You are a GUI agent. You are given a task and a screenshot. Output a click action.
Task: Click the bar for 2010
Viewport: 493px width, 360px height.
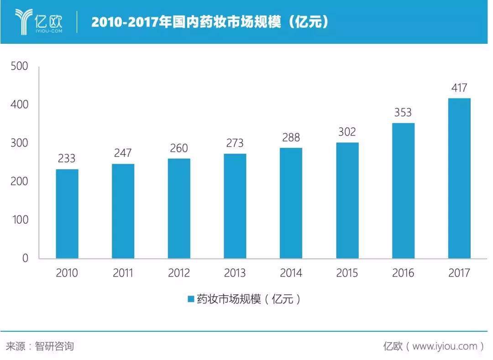point(67,214)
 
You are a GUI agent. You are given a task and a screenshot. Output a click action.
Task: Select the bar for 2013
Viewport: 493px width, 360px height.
point(235,206)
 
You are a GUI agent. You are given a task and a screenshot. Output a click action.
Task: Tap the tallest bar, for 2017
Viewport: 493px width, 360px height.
point(459,178)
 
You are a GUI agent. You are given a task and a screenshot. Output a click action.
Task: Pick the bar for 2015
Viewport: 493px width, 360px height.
point(347,200)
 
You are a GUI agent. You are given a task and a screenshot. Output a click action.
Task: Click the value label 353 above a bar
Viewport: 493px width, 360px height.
point(403,112)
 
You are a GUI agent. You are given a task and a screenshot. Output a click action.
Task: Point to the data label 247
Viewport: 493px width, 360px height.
point(123,153)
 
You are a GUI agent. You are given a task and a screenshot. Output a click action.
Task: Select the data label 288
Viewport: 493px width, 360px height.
point(291,137)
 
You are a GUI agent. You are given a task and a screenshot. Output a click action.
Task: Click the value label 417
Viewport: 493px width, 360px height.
point(459,88)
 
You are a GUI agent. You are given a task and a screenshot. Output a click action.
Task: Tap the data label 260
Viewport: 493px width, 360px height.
point(179,148)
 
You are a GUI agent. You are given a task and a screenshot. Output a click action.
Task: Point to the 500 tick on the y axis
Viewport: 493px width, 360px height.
point(19,67)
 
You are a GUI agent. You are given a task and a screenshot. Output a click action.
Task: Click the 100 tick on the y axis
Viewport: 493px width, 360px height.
point(19,220)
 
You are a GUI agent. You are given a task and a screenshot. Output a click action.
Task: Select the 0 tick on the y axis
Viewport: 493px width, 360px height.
point(25,258)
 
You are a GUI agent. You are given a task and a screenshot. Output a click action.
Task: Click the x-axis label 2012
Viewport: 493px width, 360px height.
point(179,273)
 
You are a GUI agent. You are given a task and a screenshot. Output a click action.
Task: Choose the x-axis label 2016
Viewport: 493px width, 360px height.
point(403,273)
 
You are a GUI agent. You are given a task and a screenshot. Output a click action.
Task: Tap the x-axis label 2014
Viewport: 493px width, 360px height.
point(291,273)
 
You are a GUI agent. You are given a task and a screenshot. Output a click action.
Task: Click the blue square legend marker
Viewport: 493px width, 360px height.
point(190,299)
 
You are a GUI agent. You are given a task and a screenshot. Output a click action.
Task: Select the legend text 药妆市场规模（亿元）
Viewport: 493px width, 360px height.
point(249,299)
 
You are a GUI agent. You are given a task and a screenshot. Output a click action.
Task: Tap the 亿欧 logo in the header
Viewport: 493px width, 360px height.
point(38,21)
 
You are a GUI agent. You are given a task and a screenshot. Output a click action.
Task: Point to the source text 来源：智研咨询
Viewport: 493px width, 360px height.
point(40,346)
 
